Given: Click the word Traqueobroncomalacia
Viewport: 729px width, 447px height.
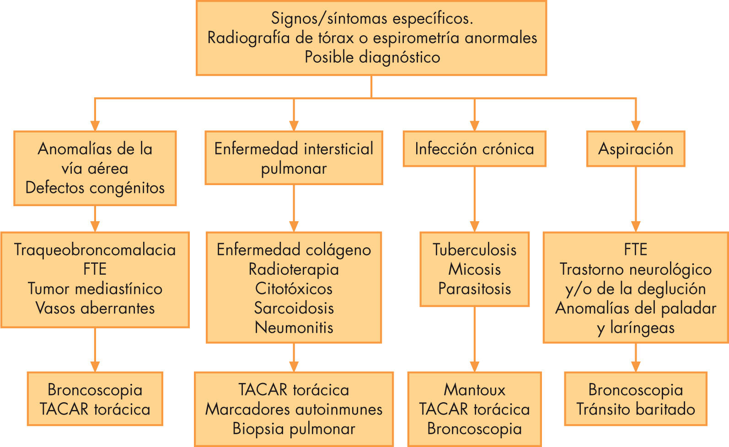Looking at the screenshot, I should tap(95, 250).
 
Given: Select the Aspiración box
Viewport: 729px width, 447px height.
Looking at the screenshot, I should tap(635, 149).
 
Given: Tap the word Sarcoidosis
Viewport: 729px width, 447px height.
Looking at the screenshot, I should tap(294, 308).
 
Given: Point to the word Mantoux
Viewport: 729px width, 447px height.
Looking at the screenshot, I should tap(474, 390).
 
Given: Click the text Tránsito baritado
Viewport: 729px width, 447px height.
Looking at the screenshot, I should tap(635, 409).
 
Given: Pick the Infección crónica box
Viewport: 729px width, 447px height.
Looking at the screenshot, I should tap(474, 149).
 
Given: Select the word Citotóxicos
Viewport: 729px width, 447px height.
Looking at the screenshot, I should tap(294, 288).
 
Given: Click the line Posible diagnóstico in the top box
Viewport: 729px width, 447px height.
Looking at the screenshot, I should tap(372, 57).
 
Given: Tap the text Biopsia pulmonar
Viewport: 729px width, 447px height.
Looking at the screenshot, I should tap(294, 429).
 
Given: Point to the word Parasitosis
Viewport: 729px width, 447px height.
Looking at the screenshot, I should tap(474, 288).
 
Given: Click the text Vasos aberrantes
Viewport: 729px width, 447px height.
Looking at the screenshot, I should tap(95, 308).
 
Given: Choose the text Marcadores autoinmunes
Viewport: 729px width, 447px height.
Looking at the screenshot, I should tap(294, 409).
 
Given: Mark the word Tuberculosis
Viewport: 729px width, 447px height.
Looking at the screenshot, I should tap(474, 250).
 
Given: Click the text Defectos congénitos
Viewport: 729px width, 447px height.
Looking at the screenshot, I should tap(95, 187).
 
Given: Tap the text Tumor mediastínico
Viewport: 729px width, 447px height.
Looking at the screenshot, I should tap(95, 288).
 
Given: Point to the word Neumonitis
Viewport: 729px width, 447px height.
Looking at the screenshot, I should tap(294, 327).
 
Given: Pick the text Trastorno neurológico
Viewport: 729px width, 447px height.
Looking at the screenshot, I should tap(635, 269).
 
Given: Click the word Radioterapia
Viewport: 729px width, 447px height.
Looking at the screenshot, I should tap(294, 269).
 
